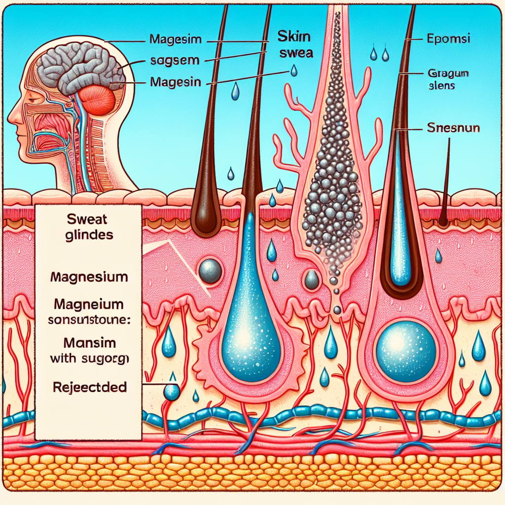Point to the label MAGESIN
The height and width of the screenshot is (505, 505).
click(x=175, y=82)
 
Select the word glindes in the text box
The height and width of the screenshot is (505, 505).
click(x=88, y=235)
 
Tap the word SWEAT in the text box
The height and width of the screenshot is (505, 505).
click(x=88, y=218)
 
